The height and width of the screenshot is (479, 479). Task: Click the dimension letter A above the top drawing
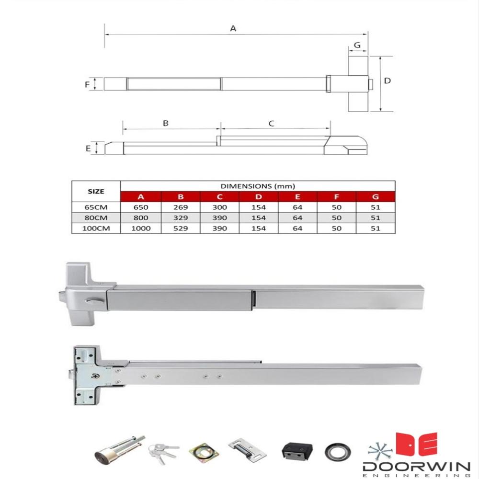coord(233,28)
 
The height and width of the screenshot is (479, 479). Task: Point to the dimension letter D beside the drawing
coord(387,80)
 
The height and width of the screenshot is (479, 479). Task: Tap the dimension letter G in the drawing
coord(357,45)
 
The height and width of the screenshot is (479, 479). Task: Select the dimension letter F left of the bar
coord(87,84)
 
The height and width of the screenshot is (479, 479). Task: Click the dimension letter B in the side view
coord(165,123)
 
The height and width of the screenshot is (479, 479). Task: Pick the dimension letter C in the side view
coord(271,124)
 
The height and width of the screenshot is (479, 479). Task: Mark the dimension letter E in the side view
coord(88,148)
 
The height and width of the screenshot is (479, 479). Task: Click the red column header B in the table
coord(181,197)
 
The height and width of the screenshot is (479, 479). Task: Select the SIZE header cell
coord(96,191)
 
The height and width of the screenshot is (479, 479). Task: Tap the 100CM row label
coord(96,228)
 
